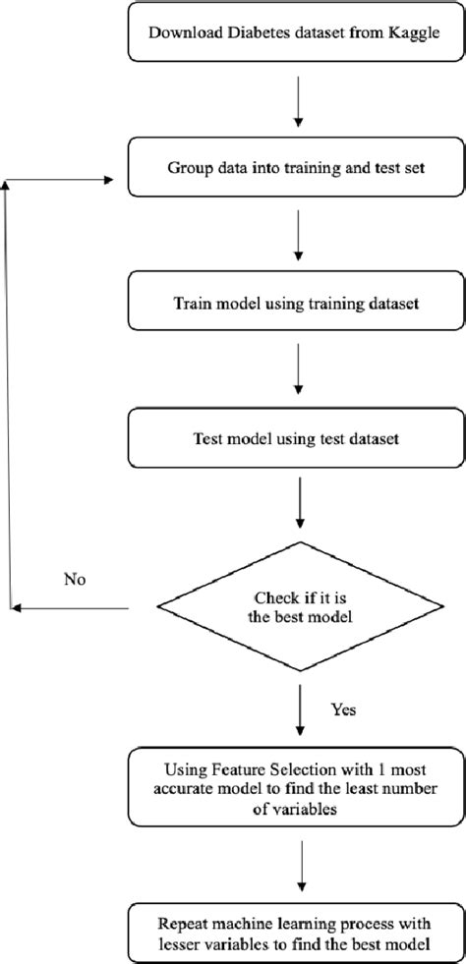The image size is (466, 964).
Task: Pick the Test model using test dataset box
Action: pos(295,438)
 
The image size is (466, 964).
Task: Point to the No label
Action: pos(74,579)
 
